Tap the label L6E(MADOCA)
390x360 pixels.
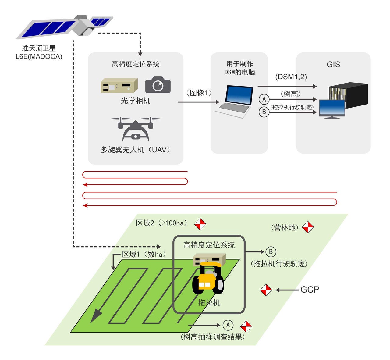tap(39, 56)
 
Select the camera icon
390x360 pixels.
tap(158, 85)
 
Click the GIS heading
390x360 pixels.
tap(333, 65)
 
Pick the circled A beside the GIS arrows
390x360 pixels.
tap(264, 99)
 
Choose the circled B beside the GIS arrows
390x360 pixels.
tap(264, 112)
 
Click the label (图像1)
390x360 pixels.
tap(198, 93)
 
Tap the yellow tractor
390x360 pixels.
tap(208, 278)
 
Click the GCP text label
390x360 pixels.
tap(310, 290)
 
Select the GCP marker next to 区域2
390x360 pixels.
tap(200, 224)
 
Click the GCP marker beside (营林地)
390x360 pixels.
tap(308, 227)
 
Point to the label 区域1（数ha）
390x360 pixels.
tap(144, 254)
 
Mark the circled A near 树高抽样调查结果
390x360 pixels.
tap(228, 325)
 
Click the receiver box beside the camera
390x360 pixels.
tap(119, 85)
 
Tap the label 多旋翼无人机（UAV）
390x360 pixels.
tap(135, 150)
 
